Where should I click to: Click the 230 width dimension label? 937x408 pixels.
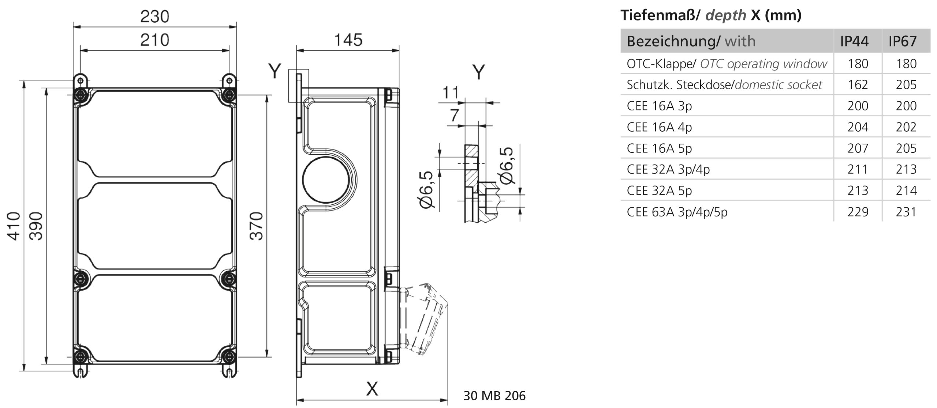154,17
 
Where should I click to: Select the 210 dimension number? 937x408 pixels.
154,40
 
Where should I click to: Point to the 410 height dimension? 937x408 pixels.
14,226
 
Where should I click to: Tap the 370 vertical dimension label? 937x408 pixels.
257,226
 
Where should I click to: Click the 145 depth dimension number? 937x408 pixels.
348,40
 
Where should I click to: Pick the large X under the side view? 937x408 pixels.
372,389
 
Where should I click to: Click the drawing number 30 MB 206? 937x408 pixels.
494,396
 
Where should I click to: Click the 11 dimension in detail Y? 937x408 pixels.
450,93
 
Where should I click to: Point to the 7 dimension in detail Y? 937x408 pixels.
454,116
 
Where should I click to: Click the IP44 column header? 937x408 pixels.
854,41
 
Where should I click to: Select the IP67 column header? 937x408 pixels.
903,41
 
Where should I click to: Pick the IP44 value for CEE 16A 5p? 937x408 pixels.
858,148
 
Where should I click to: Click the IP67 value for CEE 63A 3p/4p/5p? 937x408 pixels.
906,212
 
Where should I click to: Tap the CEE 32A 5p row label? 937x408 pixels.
659,190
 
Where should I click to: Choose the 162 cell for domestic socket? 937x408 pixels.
858,85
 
